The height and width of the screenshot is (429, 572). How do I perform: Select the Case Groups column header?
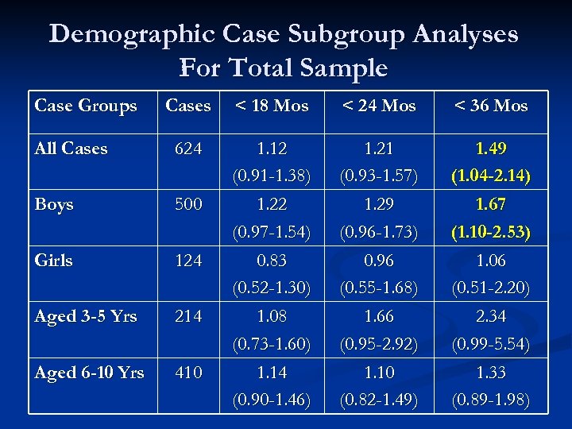coord(86,106)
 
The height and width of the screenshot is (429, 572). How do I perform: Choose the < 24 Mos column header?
coord(379,106)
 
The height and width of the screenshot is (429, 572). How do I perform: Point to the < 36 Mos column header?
coord(491,106)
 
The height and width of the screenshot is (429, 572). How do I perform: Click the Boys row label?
coord(54,204)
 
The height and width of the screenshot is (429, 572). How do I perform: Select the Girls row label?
coord(53,261)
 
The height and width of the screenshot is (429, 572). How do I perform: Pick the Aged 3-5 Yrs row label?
coord(86,316)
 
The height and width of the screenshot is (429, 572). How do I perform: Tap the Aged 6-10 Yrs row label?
coord(89,372)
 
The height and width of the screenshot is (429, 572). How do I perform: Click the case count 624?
coord(188,149)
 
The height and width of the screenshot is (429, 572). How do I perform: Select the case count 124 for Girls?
coord(188,261)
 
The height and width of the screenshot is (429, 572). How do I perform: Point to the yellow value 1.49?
coord(491,149)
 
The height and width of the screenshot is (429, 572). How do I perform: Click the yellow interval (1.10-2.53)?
coord(491,232)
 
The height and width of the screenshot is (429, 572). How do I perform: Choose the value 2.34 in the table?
coord(491,316)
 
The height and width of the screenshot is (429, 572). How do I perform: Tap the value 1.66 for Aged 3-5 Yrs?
coord(379,316)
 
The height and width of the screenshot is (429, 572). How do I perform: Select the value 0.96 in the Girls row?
coord(379,261)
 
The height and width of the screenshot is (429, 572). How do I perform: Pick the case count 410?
coord(188,372)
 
